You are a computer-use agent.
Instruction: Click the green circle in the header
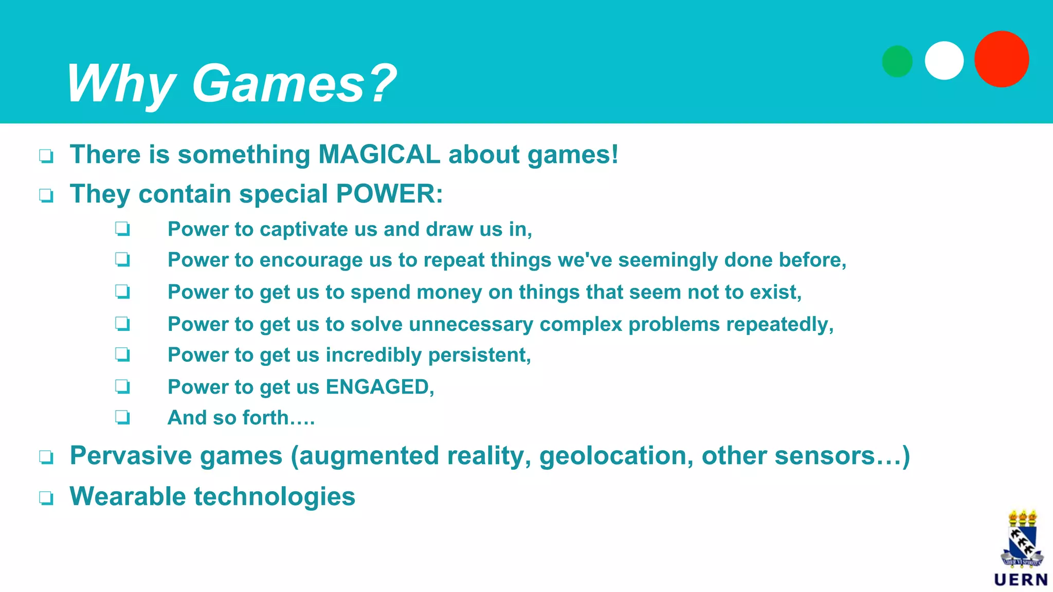pyautogui.click(x=897, y=61)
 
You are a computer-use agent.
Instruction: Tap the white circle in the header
pyautogui.click(x=944, y=61)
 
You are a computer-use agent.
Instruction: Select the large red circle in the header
pyautogui.click(x=1002, y=59)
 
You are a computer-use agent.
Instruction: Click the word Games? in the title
pyautogui.click(x=294, y=83)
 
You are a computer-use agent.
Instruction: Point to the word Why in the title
pyautogui.click(x=121, y=83)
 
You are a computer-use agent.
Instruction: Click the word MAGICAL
pyautogui.click(x=379, y=154)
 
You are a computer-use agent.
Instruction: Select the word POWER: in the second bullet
pyautogui.click(x=389, y=194)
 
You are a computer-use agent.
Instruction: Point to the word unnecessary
pyautogui.click(x=471, y=324)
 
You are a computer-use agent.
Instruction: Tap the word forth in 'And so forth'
pyautogui.click(x=265, y=418)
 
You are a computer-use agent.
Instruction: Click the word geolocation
pyautogui.click(x=616, y=456)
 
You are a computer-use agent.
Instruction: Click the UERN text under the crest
pyautogui.click(x=1021, y=580)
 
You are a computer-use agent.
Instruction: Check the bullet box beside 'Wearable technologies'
pyautogui.click(x=46, y=497)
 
